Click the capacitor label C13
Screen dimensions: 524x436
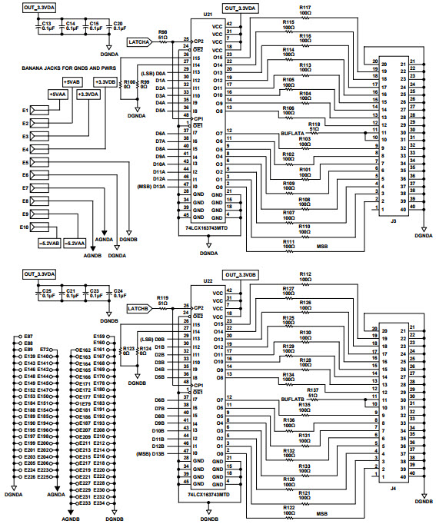click(46, 24)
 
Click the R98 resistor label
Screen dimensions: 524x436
click(162, 32)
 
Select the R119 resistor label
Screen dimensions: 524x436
click(162, 297)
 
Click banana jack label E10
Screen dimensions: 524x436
click(24, 227)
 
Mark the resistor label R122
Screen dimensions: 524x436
click(288, 509)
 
